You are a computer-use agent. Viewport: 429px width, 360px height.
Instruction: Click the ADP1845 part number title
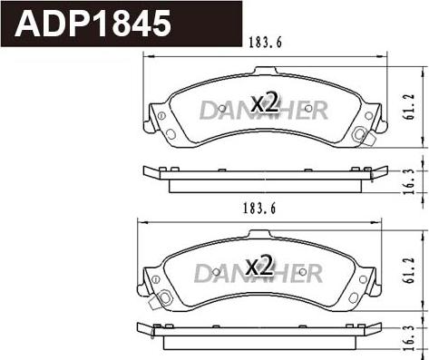click(x=93, y=24)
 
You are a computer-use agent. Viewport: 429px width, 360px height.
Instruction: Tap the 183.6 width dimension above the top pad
click(x=265, y=43)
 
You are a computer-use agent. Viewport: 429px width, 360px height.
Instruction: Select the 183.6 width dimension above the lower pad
click(x=259, y=209)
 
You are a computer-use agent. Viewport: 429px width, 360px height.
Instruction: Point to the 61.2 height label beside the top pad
click(x=410, y=106)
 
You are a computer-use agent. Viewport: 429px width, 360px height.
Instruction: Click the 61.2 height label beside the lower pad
click(x=410, y=270)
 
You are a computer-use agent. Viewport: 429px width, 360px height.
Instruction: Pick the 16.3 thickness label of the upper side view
click(x=410, y=181)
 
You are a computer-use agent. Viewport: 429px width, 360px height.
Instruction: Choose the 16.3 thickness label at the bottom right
click(x=410, y=338)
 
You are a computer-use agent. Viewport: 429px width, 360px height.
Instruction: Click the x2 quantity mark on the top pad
click(x=265, y=102)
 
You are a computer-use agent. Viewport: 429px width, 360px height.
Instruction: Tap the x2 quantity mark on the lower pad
click(x=259, y=266)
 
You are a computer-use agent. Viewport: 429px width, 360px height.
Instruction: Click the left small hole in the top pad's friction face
click(x=222, y=109)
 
